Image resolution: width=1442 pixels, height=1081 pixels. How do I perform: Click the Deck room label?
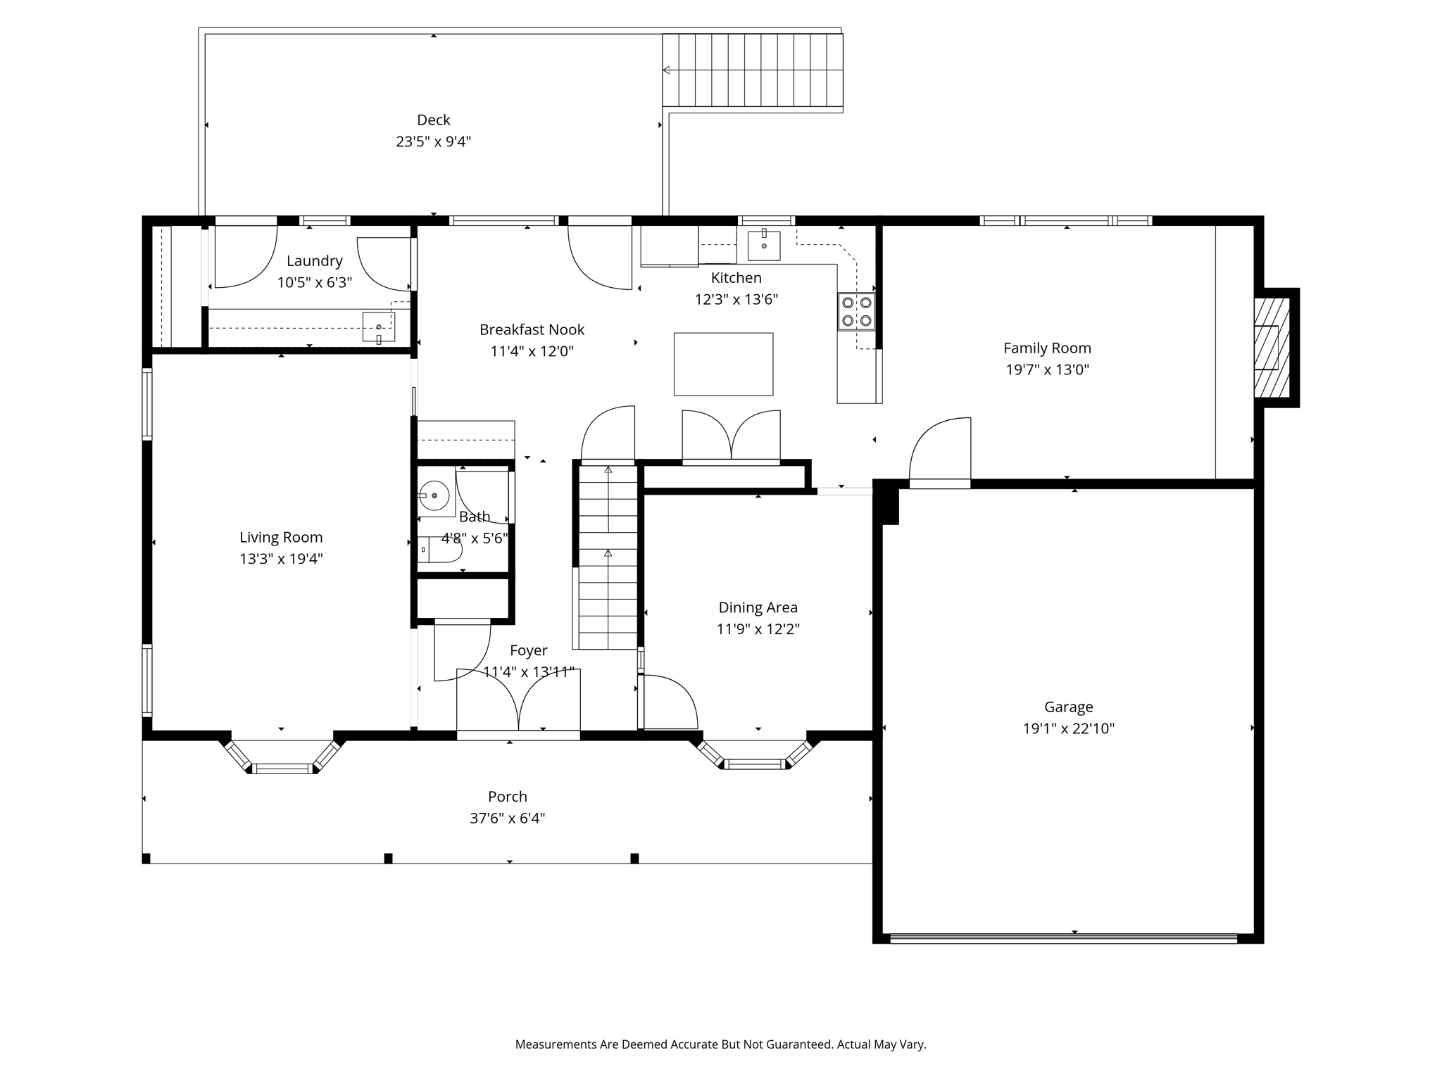click(433, 120)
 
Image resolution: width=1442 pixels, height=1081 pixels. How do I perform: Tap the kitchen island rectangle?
click(723, 364)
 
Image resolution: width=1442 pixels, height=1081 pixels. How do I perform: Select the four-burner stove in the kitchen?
click(856, 312)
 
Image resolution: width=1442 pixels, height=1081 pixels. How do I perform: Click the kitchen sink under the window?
click(764, 245)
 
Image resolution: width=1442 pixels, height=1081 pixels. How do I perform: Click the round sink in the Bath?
click(434, 496)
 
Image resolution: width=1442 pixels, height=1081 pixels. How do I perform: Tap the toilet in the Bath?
click(441, 549)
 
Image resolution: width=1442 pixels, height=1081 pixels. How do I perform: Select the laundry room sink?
click(379, 327)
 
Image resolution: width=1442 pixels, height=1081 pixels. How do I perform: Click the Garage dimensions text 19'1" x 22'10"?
click(1068, 728)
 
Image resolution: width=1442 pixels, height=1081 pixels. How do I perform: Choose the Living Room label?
click(281, 538)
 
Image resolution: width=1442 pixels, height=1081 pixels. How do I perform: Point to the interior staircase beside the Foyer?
click(608, 556)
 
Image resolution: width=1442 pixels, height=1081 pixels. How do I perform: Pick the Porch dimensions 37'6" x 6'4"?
click(507, 818)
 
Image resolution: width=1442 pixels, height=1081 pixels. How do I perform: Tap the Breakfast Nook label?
click(532, 330)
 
